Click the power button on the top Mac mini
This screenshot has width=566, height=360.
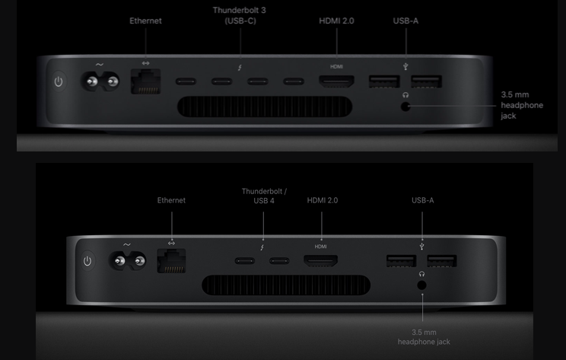tap(59, 82)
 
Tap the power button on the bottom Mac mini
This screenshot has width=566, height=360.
tap(87, 261)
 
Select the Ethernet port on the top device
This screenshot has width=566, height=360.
tap(146, 81)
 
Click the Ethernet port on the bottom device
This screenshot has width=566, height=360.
tap(171, 261)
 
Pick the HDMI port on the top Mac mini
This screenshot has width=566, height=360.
tap(336, 81)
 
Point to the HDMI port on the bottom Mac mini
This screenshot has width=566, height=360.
tap(320, 260)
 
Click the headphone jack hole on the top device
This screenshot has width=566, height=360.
tap(405, 107)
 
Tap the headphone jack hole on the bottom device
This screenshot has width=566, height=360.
tap(421, 285)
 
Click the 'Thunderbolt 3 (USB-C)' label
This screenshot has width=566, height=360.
tap(240, 15)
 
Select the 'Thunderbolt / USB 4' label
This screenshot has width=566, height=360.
tap(264, 196)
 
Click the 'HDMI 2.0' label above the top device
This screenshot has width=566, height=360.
tap(336, 21)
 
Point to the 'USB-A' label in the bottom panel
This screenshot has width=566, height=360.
tap(423, 200)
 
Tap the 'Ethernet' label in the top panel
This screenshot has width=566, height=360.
tap(145, 21)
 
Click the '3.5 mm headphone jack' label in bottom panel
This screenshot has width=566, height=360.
tap(424, 337)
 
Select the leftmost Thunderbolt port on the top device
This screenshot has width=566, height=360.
tap(186, 81)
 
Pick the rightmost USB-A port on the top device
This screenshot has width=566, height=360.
tap(426, 81)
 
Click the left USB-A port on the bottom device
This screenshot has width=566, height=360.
tap(401, 261)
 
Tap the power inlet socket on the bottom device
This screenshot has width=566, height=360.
tap(127, 261)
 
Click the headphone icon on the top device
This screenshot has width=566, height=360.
tap(405, 95)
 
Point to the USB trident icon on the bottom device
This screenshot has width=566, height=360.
tap(421, 247)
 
